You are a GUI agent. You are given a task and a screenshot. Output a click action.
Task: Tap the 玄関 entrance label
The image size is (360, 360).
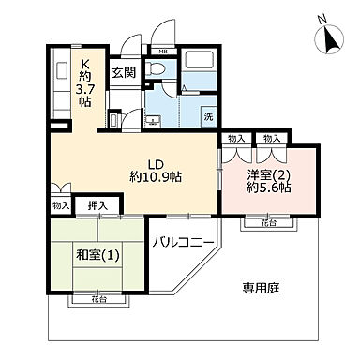coord(123,71)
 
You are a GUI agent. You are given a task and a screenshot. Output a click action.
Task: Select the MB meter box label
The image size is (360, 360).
coord(162,51)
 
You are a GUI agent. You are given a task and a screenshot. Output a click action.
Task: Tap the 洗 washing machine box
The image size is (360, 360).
coord(209,117)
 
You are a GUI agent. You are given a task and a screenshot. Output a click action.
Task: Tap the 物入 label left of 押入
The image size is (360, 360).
coord(60,204)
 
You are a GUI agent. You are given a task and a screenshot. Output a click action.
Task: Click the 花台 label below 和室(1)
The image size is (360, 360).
coord(97,300)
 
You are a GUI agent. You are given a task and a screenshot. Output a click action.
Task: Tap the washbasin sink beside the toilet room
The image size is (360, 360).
coord(153,120)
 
